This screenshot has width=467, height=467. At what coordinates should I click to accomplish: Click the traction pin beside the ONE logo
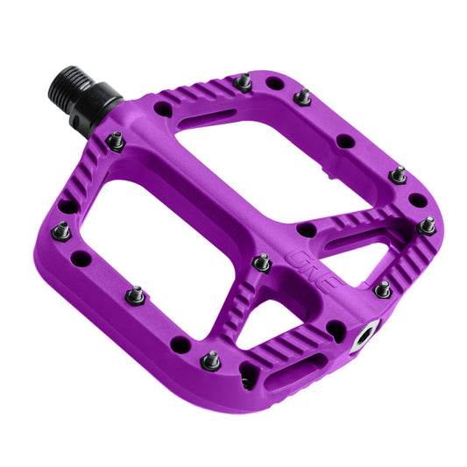click(x=261, y=261)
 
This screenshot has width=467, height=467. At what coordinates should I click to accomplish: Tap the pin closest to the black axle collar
click(x=115, y=139)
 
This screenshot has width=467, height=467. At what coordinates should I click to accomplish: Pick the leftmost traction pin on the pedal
click(x=61, y=231)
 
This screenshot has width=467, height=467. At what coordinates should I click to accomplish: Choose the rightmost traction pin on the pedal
click(x=427, y=225)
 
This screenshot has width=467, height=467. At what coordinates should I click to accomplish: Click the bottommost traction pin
click(x=210, y=360)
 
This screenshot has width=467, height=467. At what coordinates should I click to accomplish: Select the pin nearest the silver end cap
click(x=382, y=288)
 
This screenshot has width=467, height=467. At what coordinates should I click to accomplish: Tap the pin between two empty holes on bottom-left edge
click(x=135, y=294)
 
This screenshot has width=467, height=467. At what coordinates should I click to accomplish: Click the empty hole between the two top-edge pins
click(x=273, y=84)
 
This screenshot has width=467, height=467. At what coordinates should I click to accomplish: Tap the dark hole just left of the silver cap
click(x=336, y=330)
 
